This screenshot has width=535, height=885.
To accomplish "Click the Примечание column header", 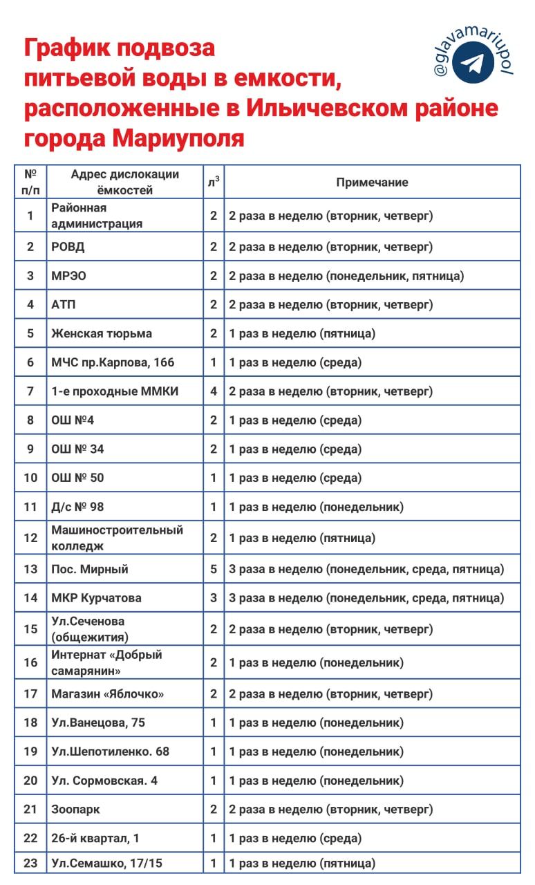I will [372, 183].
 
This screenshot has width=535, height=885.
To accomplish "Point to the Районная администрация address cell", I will [97, 216].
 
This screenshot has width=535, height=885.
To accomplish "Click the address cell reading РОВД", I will [68, 247].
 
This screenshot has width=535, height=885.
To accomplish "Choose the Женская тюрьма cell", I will [102, 333].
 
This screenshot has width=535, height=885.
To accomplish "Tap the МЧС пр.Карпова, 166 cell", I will [113, 362].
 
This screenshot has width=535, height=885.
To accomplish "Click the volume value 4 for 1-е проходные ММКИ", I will [214, 391].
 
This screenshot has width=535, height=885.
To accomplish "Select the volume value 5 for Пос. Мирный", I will [214, 569].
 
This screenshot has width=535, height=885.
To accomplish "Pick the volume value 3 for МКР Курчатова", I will [214, 598].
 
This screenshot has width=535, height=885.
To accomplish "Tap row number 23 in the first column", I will [30, 863].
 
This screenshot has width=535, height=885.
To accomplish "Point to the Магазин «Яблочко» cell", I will [108, 693].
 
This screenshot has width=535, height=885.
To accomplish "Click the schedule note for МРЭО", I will [346, 276].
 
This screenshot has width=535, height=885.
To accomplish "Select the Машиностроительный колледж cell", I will [117, 538].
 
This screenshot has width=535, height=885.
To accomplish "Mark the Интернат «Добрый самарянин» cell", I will [106, 662].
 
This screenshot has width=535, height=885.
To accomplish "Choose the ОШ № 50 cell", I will [78, 478].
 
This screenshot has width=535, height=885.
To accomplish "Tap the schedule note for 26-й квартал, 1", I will [295, 839].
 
